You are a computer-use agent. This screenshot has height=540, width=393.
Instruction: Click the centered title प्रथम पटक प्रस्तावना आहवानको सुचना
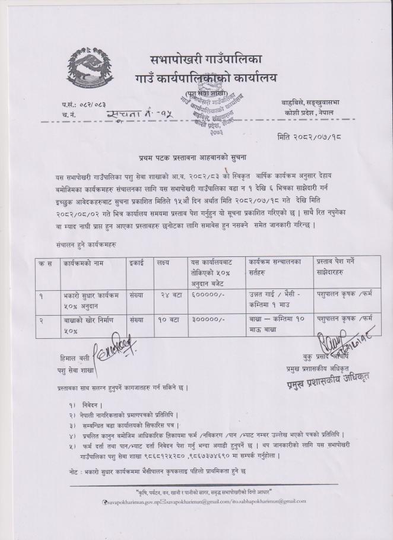point(189,158)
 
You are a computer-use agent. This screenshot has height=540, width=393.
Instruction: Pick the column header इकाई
point(137,262)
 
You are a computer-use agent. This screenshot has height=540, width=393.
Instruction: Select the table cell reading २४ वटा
point(169,293)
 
